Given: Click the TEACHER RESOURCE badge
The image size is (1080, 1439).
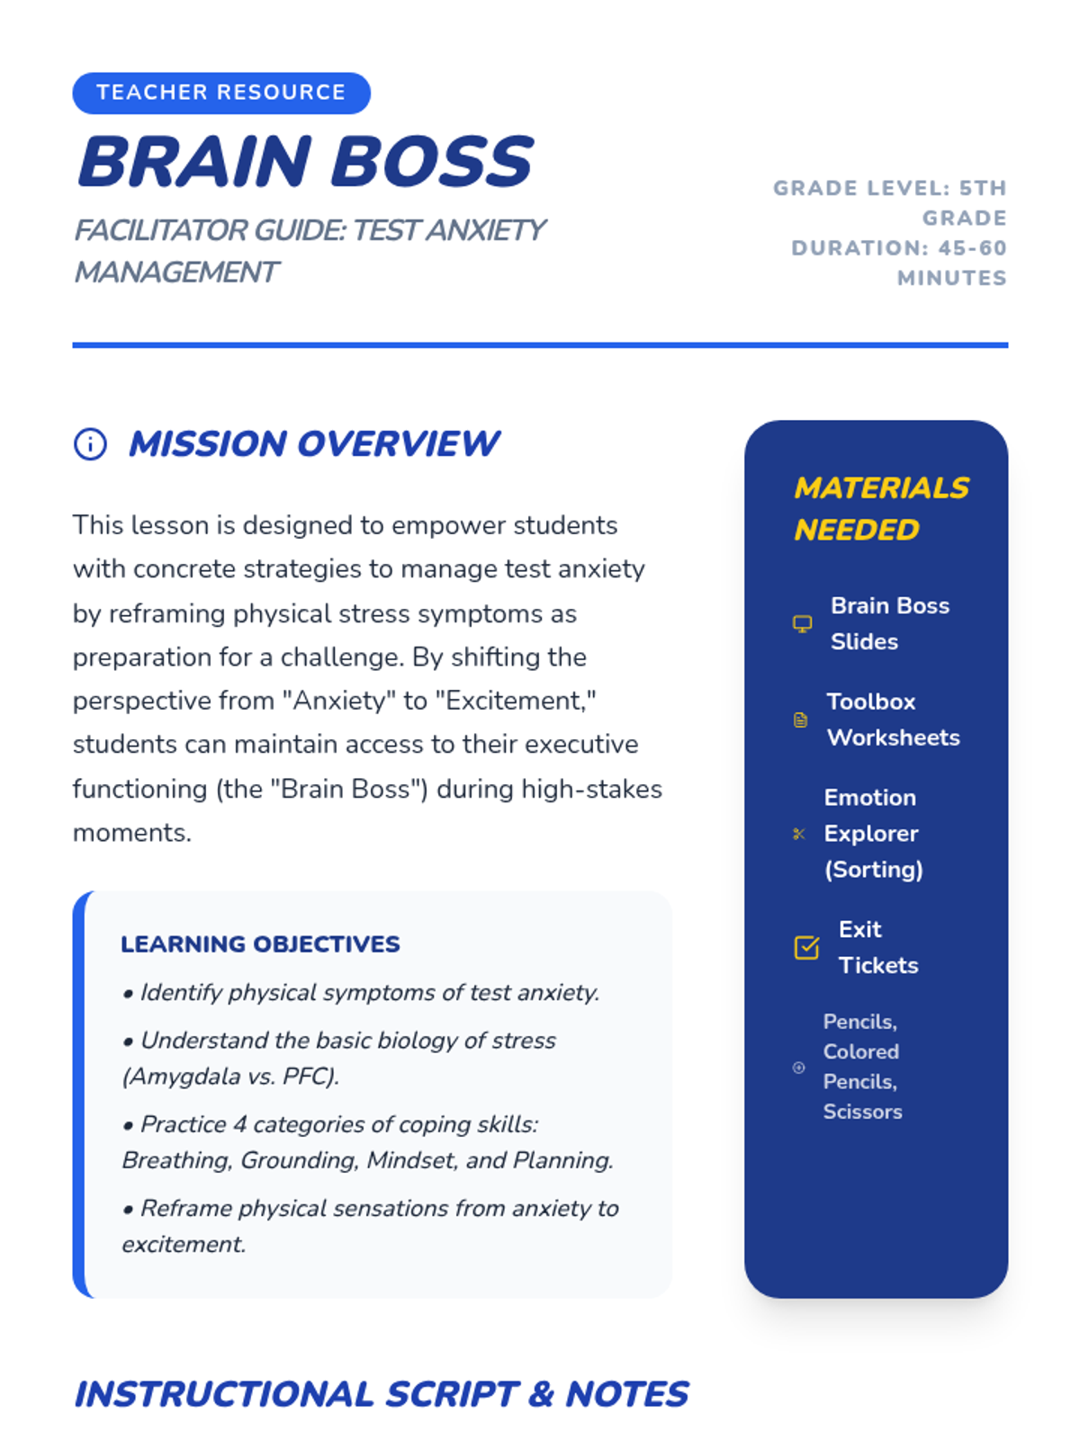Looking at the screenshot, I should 220,93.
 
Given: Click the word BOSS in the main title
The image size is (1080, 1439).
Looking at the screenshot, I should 432,162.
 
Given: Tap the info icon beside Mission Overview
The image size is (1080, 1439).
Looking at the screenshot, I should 90,443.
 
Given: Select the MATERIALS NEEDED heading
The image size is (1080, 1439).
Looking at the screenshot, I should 880,508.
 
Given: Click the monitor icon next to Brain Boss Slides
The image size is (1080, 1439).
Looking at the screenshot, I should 802,623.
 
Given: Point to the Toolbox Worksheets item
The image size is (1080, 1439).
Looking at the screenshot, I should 892,719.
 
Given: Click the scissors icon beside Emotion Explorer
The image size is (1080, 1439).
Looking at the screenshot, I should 798,834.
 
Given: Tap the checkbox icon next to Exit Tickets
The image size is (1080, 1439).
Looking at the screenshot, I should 806,947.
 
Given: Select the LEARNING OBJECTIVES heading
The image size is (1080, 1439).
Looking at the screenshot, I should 260,943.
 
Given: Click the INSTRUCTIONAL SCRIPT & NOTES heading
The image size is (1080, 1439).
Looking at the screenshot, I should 381,1394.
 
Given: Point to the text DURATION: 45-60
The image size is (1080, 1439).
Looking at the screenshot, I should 898,248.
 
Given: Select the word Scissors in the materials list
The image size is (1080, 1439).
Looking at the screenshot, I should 862,1112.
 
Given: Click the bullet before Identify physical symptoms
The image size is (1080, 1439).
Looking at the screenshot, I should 128,994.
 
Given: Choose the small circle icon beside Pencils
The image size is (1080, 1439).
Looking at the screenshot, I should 798,1068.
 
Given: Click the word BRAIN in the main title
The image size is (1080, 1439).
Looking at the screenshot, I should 194,162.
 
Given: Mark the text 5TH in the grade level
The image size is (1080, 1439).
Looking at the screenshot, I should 983,188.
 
